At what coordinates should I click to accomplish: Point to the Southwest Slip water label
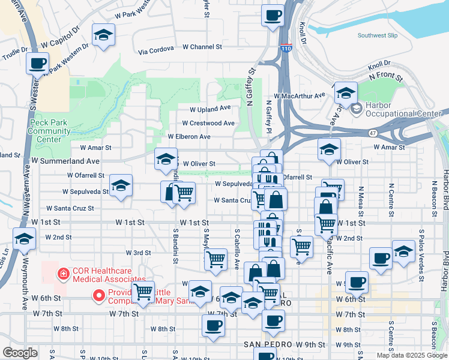(x=378, y=35)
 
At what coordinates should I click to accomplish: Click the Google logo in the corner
(x=20, y=353)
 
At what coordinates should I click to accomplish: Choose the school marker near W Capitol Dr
(x=103, y=36)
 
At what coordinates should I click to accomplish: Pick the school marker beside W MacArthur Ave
(x=346, y=93)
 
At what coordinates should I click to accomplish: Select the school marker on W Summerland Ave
(x=166, y=159)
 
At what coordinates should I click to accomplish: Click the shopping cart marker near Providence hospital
(x=143, y=292)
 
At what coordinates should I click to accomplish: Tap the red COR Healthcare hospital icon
(x=61, y=274)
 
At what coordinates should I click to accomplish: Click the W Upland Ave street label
(x=210, y=109)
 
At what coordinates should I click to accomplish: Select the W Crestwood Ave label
(x=208, y=123)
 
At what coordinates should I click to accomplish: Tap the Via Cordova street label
(x=155, y=49)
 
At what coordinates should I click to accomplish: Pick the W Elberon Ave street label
(x=189, y=137)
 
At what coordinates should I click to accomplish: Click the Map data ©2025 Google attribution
(x=412, y=355)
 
